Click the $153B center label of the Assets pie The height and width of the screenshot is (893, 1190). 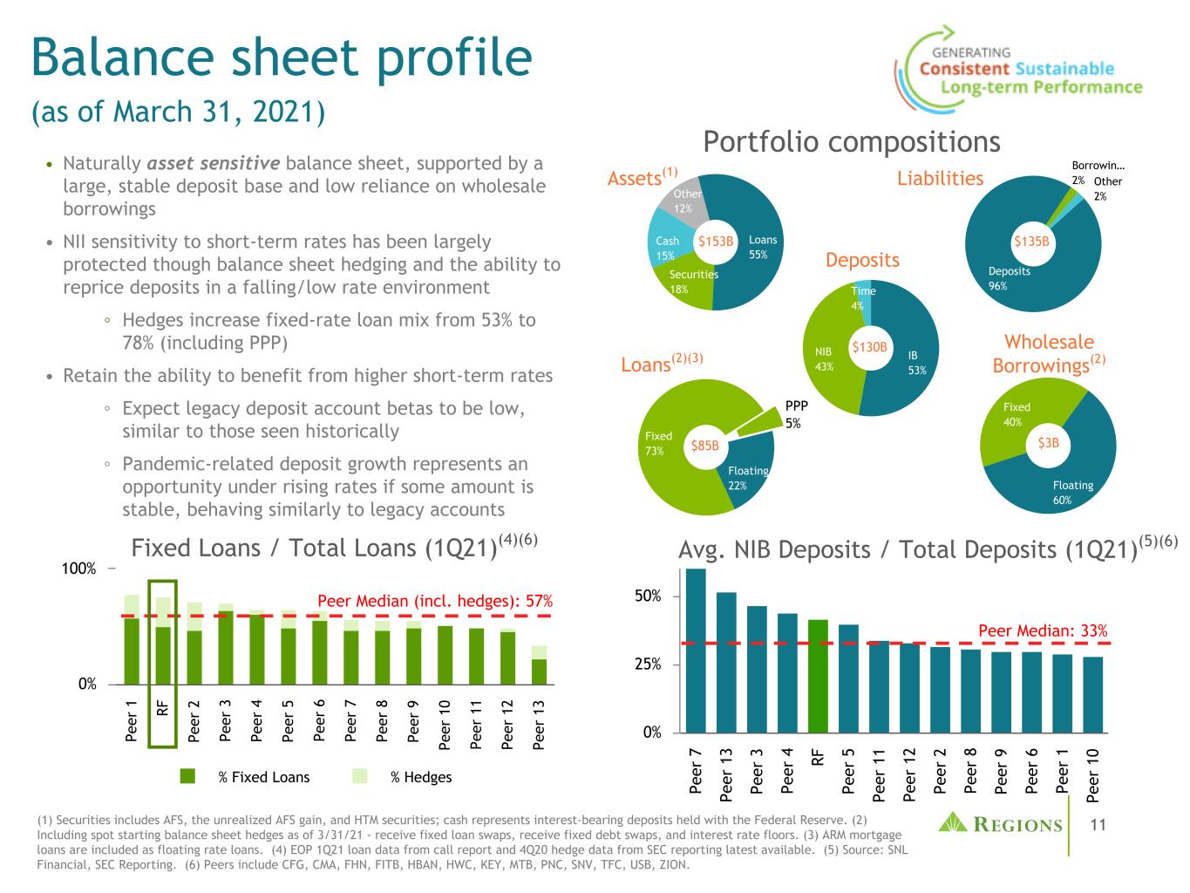[x=716, y=240]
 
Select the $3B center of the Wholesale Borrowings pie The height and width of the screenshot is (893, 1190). [x=1048, y=443]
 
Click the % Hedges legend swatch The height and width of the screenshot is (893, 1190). [x=361, y=776]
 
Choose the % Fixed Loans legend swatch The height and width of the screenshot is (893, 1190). [x=187, y=776]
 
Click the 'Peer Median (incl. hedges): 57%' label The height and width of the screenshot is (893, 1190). [x=435, y=601]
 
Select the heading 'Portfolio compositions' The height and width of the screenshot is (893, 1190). [x=852, y=141]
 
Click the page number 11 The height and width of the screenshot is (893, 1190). [x=1098, y=823]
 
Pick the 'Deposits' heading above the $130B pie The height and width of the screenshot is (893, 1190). [x=862, y=260]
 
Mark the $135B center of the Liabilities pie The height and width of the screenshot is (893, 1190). [x=1030, y=241]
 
